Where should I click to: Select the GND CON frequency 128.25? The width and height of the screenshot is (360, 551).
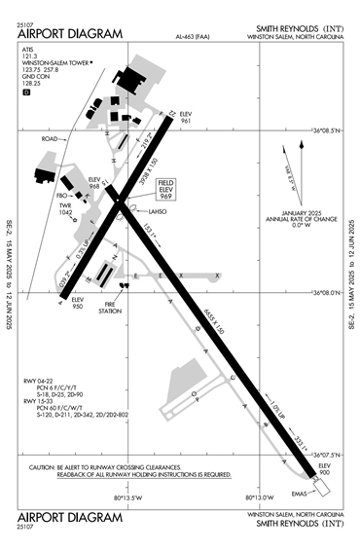[31, 84]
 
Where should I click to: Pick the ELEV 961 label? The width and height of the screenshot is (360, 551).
[188, 120]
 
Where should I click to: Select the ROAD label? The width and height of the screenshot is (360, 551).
[51, 139]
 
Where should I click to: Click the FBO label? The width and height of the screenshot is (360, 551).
[61, 192]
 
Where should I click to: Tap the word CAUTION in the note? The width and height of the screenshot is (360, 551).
[44, 466]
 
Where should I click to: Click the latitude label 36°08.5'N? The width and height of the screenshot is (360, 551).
[326, 129]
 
